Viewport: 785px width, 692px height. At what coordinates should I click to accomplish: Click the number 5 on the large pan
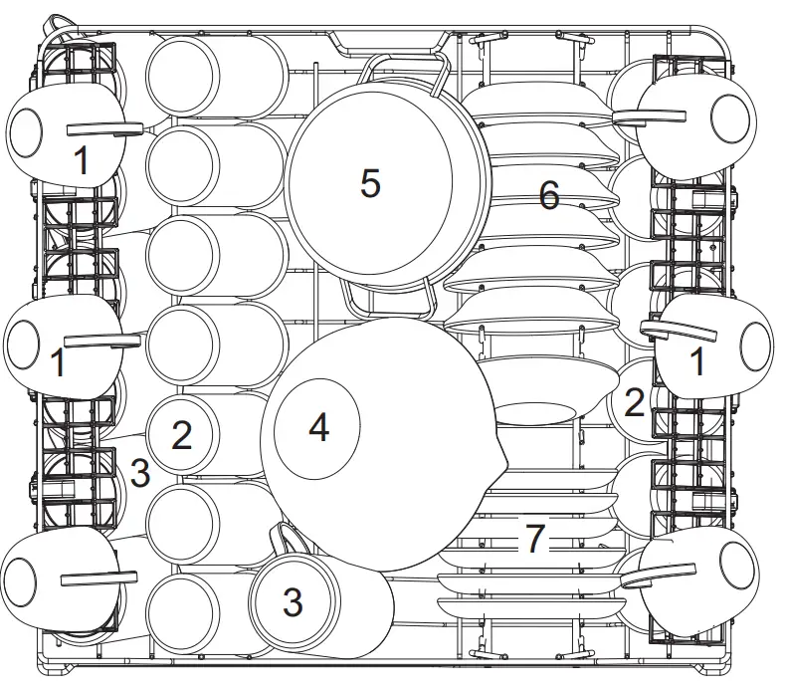[x=370, y=183]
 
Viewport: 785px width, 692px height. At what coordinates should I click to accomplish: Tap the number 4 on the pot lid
[x=318, y=428]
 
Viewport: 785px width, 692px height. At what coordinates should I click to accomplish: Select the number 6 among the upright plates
[x=549, y=195]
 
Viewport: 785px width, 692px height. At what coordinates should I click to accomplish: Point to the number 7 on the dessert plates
[x=535, y=539]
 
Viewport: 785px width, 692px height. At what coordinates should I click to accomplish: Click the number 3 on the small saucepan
[x=293, y=600]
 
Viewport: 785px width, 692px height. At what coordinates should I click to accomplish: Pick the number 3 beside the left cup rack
[x=140, y=474]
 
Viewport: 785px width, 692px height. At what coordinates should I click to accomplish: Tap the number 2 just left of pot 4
[x=181, y=435]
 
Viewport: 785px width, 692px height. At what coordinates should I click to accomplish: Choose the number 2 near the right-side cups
[x=634, y=401]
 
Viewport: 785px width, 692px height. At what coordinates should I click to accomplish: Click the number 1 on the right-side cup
[x=698, y=361]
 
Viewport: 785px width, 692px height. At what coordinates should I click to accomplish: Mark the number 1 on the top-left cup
[x=83, y=160]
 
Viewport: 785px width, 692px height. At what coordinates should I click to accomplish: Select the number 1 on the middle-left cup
[x=59, y=361]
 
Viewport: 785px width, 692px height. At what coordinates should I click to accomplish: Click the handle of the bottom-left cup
[x=98, y=577]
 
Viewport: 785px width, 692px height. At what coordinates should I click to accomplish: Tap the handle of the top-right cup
[x=650, y=117]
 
